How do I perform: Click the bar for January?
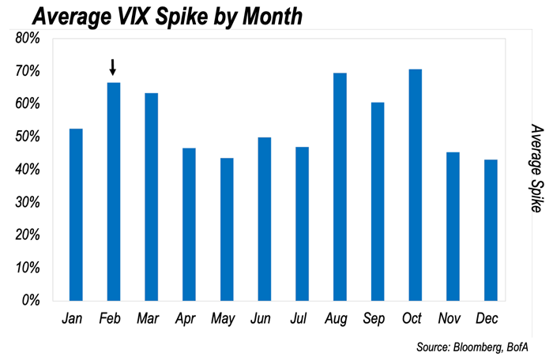click(76, 214)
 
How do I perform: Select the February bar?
click(113, 191)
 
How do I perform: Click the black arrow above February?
click(113, 66)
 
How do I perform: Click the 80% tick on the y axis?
click(28, 38)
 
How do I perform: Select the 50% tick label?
click(28, 137)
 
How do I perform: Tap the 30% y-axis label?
click(28, 202)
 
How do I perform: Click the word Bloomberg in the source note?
click(479, 347)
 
